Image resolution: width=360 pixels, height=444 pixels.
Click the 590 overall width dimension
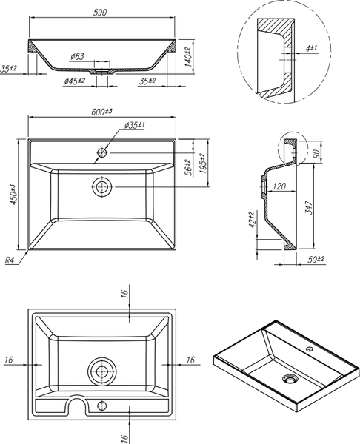(x=100, y=13)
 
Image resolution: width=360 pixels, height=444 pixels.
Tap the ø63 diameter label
(x=77, y=57)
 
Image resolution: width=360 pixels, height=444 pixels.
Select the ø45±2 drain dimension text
(x=75, y=81)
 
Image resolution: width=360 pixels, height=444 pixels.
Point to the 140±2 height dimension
(x=188, y=57)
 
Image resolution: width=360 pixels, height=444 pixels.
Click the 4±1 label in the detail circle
(x=311, y=48)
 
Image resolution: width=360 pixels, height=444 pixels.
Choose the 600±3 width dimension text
(x=101, y=112)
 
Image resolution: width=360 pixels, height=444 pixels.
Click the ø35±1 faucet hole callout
(x=135, y=125)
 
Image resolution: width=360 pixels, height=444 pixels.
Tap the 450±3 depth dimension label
(x=13, y=194)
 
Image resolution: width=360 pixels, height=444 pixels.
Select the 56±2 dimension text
(x=187, y=167)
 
